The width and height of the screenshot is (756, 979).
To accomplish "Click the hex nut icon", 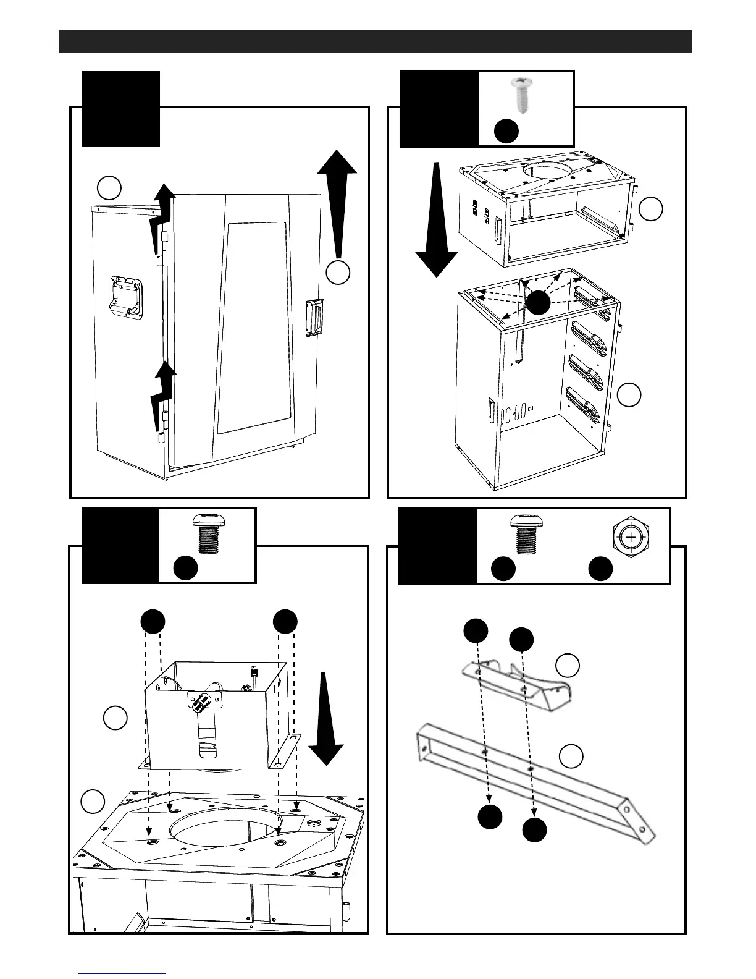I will point(631,538).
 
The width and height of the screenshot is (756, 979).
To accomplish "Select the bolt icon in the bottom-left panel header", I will point(207,532).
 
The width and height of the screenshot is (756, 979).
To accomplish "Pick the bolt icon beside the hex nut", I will point(522,533).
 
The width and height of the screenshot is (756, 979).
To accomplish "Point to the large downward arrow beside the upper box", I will point(437,219).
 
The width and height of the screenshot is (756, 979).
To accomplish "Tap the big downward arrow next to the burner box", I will point(325,721).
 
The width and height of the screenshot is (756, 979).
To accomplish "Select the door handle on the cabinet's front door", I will point(313,318).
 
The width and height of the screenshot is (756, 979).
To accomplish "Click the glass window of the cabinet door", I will point(253,328).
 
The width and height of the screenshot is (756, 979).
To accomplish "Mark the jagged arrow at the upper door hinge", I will point(160,218).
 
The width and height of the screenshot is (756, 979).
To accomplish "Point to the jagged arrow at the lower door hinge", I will point(162,395).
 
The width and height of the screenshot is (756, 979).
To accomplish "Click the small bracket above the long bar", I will point(516,684).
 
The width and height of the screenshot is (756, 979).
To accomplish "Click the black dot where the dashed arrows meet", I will point(539,302).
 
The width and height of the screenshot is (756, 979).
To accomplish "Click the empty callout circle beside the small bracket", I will point(568,666).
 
